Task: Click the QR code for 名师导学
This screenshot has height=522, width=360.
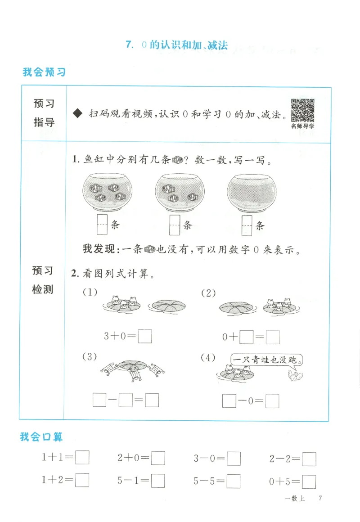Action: click(x=302, y=110)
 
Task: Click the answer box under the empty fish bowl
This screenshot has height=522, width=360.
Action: click(x=246, y=225)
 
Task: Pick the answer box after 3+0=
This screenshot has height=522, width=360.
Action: click(x=144, y=337)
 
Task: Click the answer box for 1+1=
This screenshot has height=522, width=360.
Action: click(x=82, y=458)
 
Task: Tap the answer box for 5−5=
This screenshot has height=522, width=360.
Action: click(x=234, y=481)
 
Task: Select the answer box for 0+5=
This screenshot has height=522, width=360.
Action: click(x=309, y=481)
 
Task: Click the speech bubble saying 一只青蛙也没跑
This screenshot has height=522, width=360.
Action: click(x=265, y=360)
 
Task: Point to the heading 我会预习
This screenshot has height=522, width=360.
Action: click(x=44, y=72)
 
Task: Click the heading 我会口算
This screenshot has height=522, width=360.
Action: click(x=41, y=436)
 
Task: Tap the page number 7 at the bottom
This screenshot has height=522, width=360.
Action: click(x=320, y=498)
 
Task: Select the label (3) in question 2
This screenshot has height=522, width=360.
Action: click(x=90, y=357)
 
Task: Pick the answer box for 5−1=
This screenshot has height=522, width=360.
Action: click(x=158, y=481)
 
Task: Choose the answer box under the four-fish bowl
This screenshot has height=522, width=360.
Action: click(x=102, y=225)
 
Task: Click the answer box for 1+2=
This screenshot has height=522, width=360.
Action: click(x=82, y=481)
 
